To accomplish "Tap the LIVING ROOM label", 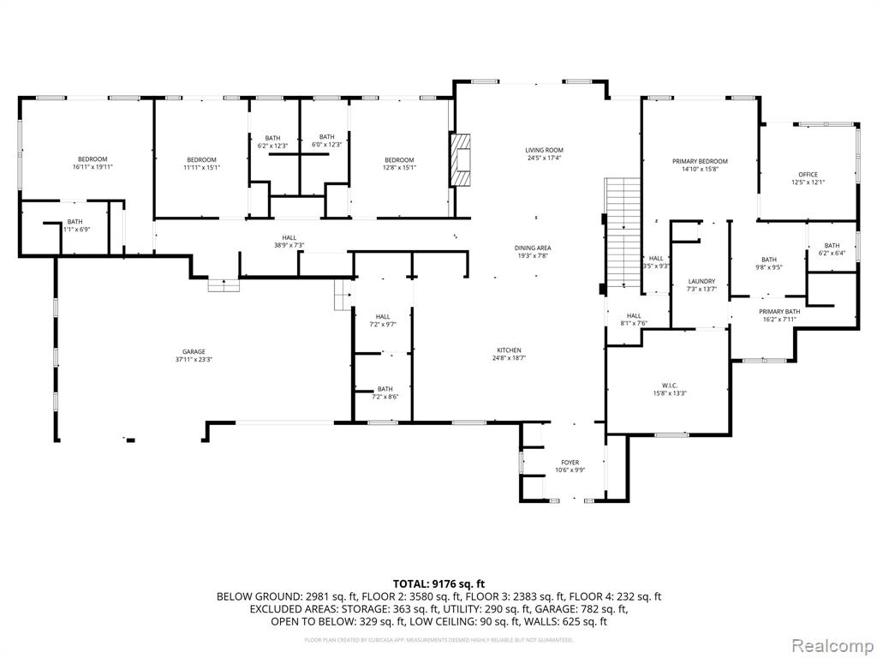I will (x=544, y=151).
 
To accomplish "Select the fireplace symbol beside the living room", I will (x=462, y=159).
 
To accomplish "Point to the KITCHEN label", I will (x=509, y=350).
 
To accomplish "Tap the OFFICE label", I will (x=808, y=175).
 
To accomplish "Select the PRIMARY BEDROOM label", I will (x=700, y=161).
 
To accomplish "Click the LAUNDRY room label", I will (x=701, y=281).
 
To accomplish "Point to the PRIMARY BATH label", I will (x=779, y=312).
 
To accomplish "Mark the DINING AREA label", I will (x=532, y=248).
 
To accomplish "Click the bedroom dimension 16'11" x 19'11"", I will (x=92, y=167).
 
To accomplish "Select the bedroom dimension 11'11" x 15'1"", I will (x=201, y=167).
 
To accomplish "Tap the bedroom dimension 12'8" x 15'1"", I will (x=399, y=167).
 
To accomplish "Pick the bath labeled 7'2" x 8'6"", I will (x=385, y=392).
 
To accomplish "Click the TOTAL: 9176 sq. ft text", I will (x=438, y=583).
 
